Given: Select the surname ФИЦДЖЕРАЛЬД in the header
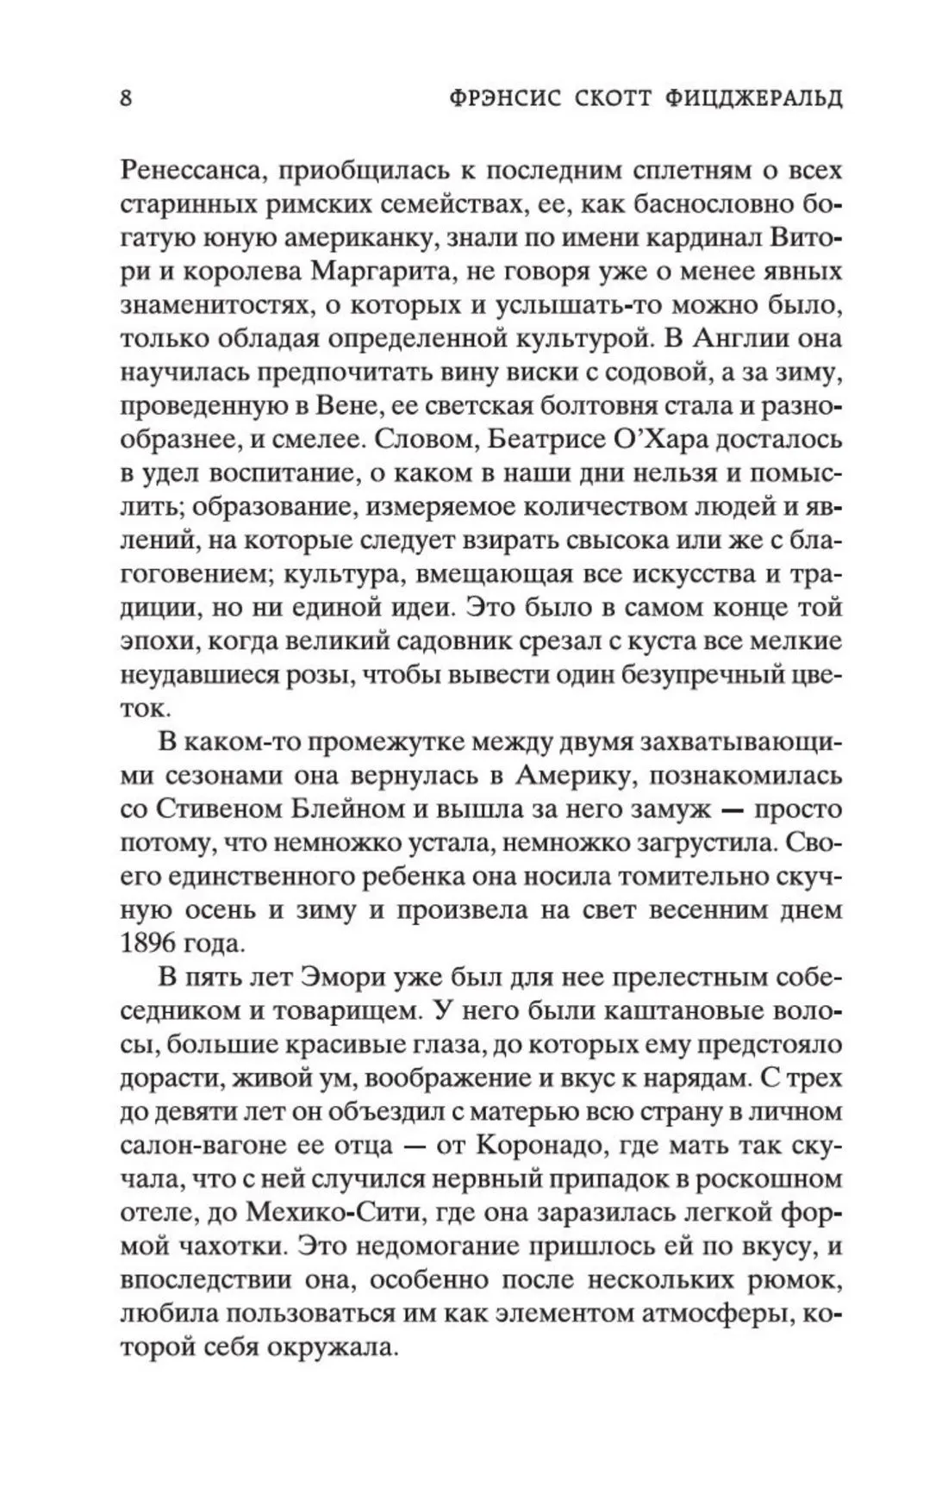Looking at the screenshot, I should point(765,97).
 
